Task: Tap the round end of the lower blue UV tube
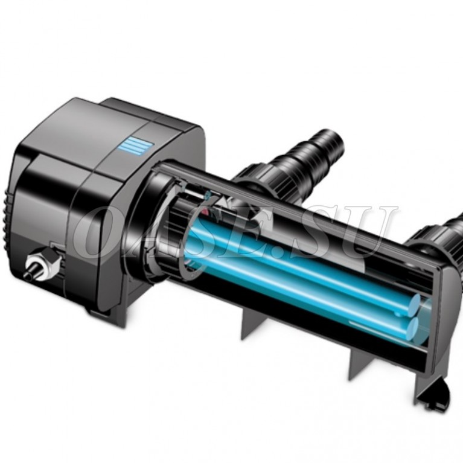(x=412, y=327)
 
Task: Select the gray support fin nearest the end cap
(x=361, y=363)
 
